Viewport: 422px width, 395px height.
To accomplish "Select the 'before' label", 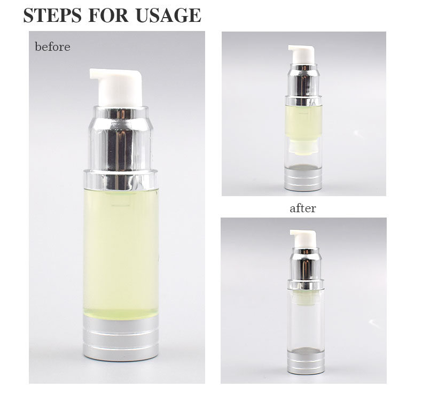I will (52, 47).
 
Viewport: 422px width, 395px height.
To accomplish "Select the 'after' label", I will (302, 208).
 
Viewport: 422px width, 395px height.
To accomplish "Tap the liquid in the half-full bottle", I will (303, 123).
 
